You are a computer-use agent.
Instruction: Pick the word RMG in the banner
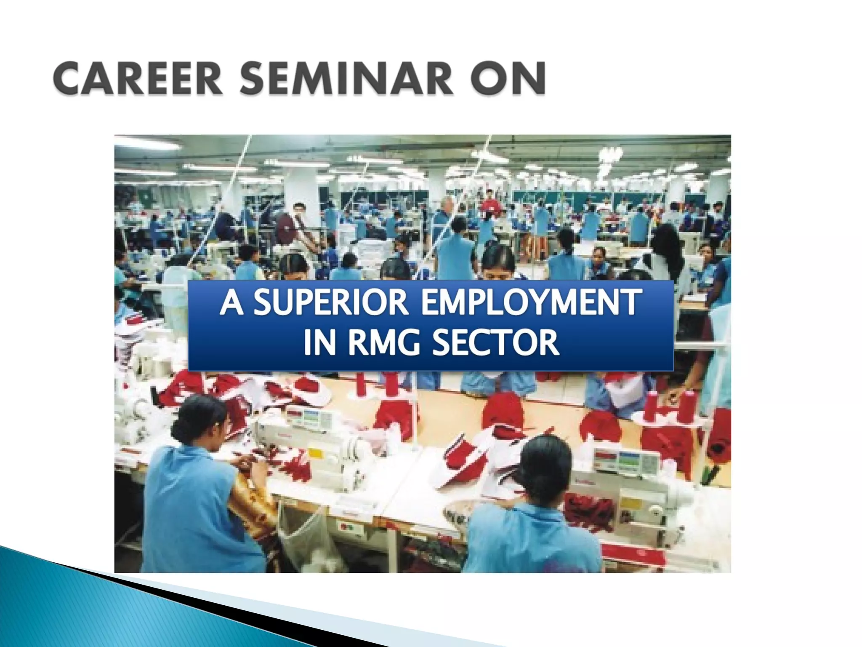pos(383,342)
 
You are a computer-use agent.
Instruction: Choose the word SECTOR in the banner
pos(496,342)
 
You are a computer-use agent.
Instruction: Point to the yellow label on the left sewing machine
pos(315,453)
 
